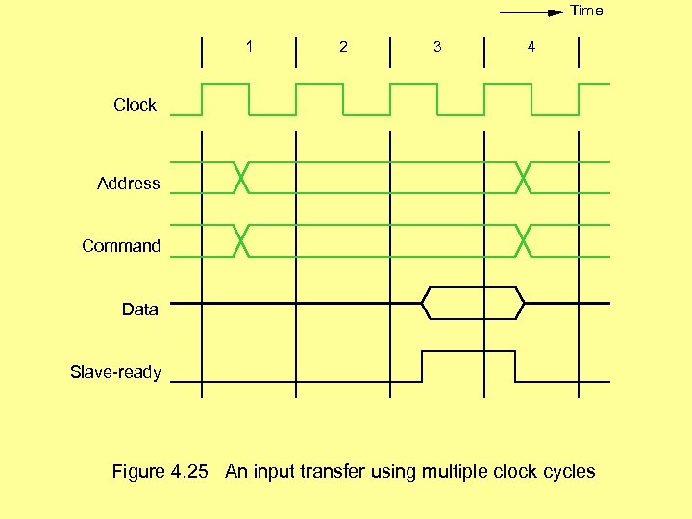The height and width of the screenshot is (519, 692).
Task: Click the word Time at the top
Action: [586, 11]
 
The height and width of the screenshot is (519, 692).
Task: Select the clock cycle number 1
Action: [250, 46]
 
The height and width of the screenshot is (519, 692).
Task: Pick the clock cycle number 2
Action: [343, 46]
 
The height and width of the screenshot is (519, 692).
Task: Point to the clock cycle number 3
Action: [437, 46]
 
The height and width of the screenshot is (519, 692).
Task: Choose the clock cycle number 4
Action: [531, 46]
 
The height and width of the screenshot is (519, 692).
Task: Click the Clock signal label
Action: [135, 105]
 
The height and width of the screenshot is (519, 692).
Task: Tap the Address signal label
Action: [128, 184]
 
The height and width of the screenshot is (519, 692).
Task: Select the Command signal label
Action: [121, 246]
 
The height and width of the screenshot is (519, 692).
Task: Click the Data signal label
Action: [140, 309]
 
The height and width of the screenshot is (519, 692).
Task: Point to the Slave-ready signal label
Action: [115, 372]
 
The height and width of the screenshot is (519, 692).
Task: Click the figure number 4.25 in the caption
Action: [188, 472]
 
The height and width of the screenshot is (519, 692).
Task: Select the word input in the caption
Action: [273, 472]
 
